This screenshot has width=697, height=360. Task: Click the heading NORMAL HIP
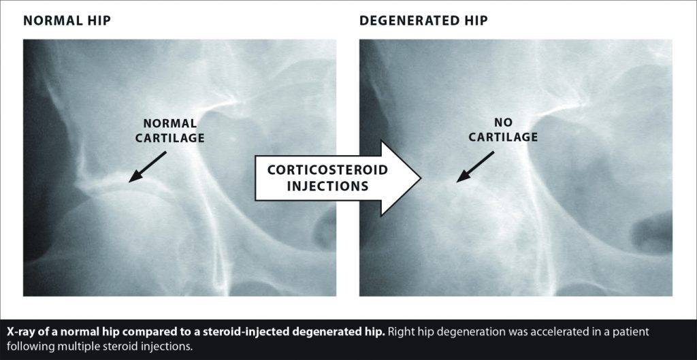pyautogui.click(x=67, y=20)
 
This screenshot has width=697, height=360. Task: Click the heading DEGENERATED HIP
pyautogui.click(x=423, y=20)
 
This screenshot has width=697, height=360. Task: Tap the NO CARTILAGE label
pyautogui.click(x=503, y=130)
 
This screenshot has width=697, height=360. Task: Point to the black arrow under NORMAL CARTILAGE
pyautogui.click(x=147, y=167)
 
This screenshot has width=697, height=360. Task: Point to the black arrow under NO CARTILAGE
pyautogui.click(x=475, y=167)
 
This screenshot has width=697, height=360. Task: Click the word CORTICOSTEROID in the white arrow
pyautogui.click(x=327, y=170)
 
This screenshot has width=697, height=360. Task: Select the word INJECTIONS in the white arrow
pyautogui.click(x=327, y=186)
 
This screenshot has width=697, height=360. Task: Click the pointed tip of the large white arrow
pyautogui.click(x=421, y=179)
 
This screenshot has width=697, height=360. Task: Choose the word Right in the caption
pyautogui.click(x=398, y=332)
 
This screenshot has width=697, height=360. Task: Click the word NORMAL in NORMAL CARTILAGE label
pyautogui.click(x=169, y=124)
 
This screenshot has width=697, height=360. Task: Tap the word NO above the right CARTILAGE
pyautogui.click(x=503, y=122)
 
